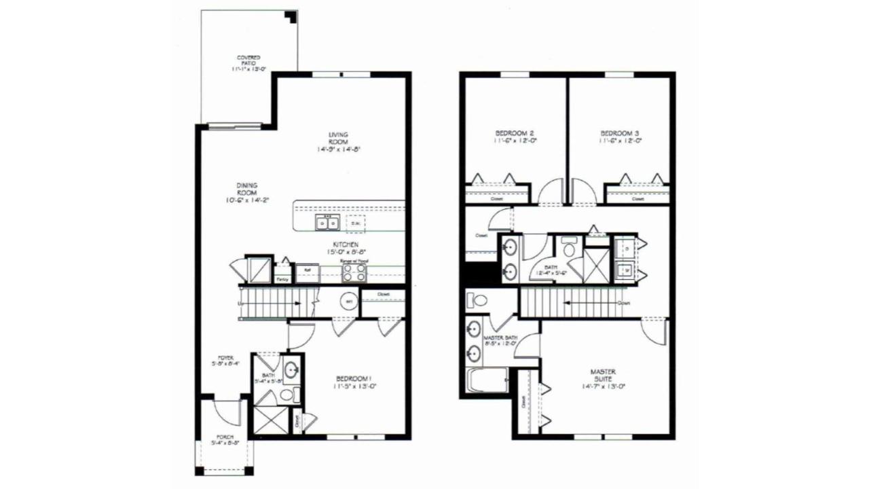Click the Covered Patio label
[x=248, y=59]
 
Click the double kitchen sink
[x=327, y=223]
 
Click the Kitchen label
[x=345, y=244]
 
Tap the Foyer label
[x=225, y=358]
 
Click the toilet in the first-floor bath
[x=286, y=395]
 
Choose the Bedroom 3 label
[x=619, y=133]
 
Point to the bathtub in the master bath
[x=487, y=380]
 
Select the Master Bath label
[x=500, y=338]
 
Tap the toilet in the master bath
[x=479, y=300]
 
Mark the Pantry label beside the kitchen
[x=281, y=278]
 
